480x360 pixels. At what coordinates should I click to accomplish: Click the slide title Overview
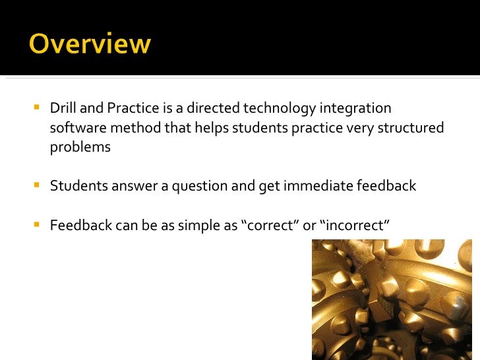click(90, 45)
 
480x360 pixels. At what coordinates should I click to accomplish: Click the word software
click(73, 127)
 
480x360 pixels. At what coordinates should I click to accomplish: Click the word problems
click(80, 147)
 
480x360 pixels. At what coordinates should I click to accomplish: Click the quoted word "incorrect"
click(355, 225)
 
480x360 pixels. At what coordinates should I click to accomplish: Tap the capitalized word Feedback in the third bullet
click(78, 225)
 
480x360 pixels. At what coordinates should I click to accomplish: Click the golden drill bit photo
click(392, 299)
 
